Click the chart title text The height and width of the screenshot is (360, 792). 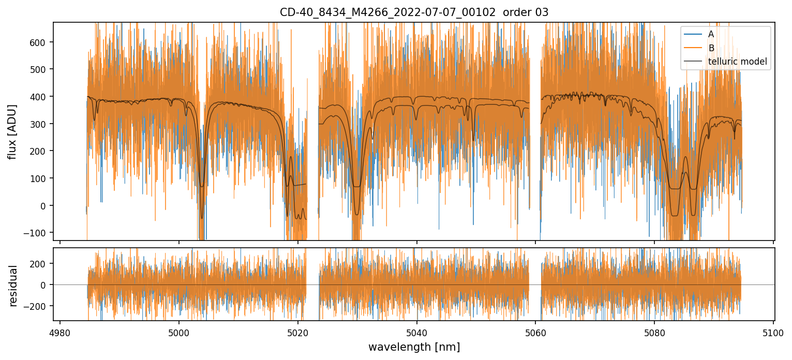point(414,12)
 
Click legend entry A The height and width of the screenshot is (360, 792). point(711,34)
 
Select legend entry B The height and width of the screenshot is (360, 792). point(711,48)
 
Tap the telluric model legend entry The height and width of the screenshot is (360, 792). point(737,62)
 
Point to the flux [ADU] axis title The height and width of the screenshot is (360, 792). point(12,131)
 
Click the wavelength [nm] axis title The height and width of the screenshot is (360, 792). point(414,347)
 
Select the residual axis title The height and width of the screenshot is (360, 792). point(12,286)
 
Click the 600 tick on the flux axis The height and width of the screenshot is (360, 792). point(39,42)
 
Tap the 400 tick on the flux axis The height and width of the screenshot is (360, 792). point(39,97)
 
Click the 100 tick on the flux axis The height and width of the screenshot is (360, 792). point(39,178)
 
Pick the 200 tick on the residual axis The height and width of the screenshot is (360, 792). point(39,263)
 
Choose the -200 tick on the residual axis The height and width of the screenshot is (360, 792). point(37,306)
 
